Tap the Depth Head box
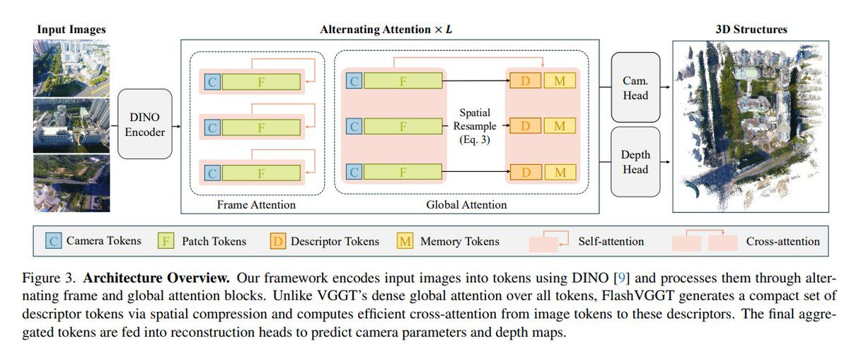635,162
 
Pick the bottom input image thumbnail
71,183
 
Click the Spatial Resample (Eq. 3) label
474,126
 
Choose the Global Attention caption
466,204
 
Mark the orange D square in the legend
278,241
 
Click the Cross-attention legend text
782,241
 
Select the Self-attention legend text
611,241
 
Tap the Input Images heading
71,30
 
